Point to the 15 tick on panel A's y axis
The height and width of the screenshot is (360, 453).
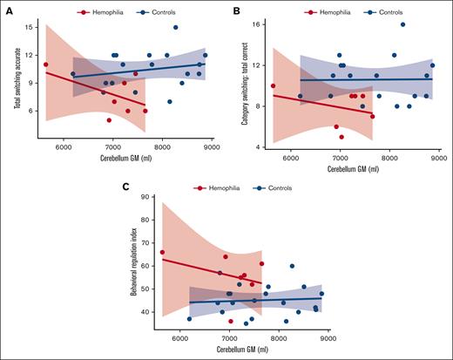pos(29,27)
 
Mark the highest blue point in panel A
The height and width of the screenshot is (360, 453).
pos(175,27)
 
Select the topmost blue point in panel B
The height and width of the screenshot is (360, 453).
pos(402,24)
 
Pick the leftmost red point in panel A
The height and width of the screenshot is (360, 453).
pos(45,65)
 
